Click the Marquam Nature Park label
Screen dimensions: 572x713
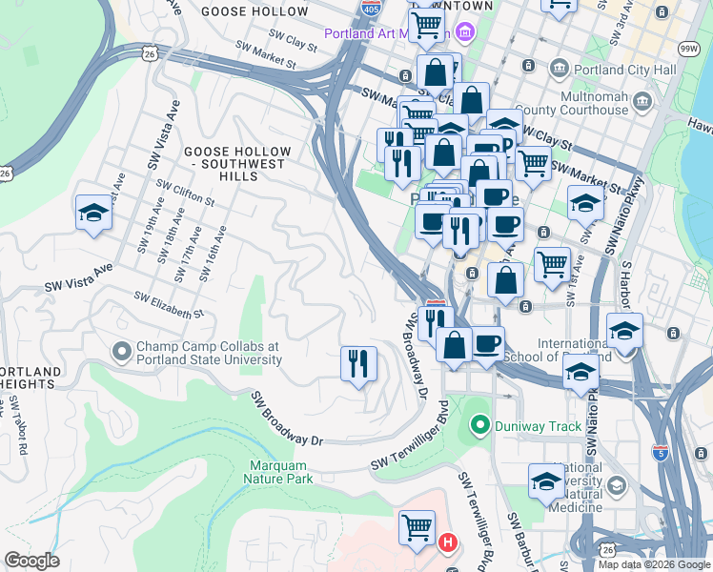tap(280, 472)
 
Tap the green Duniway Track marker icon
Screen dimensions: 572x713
tap(479, 425)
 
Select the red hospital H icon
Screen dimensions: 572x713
tap(448, 543)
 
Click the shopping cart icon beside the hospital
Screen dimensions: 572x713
tap(417, 526)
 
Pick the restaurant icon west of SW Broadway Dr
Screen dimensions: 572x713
tap(358, 363)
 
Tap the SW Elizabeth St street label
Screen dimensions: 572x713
tap(169, 306)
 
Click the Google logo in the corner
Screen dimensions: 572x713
tap(31, 561)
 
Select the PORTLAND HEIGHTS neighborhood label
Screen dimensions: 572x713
tap(31, 378)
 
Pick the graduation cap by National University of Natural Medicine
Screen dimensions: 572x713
tap(546, 480)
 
